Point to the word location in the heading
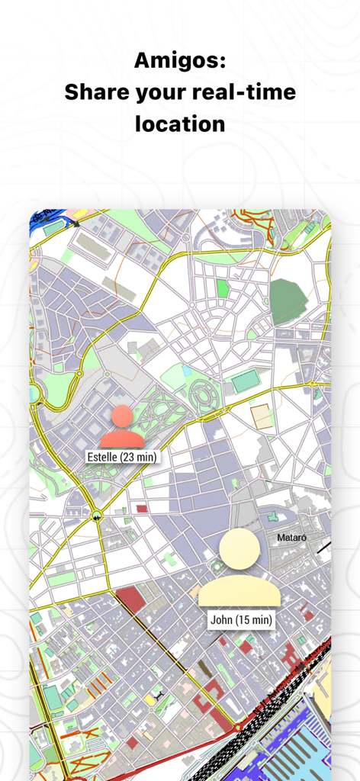coord(180,123)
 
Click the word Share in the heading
coord(98,92)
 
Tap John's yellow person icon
coord(239,568)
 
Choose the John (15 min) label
coord(240,620)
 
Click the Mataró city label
coord(291,538)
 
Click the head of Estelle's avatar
coord(122,416)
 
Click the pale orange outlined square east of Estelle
coord(261,416)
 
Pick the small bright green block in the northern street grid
coord(222,288)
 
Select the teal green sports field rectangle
coord(246,381)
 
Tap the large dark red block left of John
coord(130,599)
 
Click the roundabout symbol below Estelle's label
coord(97,516)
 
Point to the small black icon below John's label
coord(158,696)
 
